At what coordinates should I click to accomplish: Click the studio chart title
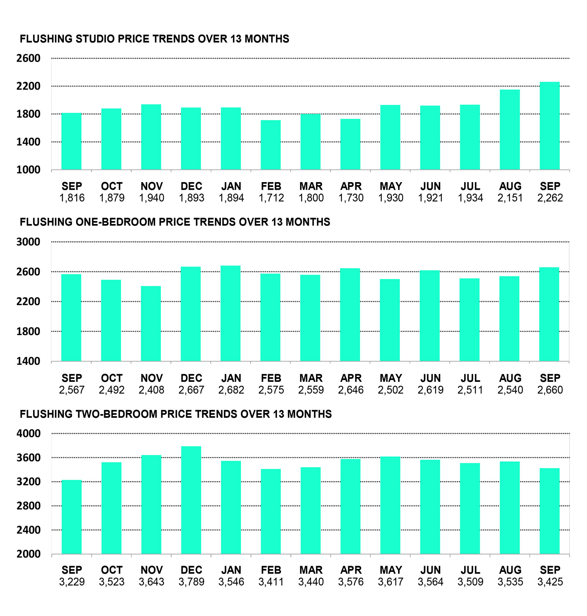pos(154,39)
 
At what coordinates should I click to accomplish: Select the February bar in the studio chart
pos(271,145)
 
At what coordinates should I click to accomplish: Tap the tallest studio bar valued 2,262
pos(550,126)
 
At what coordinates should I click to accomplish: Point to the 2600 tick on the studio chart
pos(28,58)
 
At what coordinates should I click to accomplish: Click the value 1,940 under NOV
pos(152,198)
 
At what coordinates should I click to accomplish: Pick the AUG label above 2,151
pos(510,186)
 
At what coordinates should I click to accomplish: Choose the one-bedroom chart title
pos(175,222)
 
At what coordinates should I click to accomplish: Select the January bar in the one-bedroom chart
pos(231,314)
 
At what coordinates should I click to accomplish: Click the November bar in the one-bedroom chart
pos(151,323)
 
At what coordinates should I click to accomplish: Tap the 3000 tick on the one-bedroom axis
pos(28,242)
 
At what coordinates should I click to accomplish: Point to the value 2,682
pos(231,390)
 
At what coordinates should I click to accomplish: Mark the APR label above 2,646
pos(351,378)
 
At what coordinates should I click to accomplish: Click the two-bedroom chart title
pos(175,414)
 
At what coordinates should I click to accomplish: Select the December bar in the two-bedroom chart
pos(191,500)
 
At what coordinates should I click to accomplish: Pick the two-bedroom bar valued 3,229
pos(72,517)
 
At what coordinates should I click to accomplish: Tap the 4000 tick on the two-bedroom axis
pos(28,434)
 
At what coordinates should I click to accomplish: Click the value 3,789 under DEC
pos(191,582)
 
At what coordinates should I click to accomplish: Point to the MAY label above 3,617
pos(391,570)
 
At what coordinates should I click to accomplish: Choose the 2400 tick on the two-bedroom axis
pos(28,530)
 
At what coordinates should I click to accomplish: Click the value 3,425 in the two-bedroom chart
pos(550,582)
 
